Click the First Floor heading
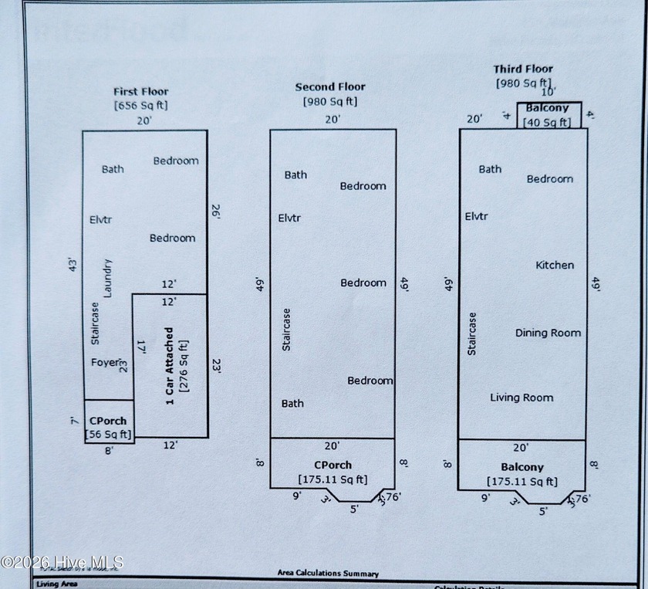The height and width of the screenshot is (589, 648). (140, 91)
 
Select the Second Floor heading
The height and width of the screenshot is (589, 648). (330, 87)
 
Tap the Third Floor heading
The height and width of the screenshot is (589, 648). (523, 69)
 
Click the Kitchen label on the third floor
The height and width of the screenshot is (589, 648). (555, 265)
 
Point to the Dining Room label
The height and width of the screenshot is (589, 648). (548, 333)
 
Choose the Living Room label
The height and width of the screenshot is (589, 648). (521, 398)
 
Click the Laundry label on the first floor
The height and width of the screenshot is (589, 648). (108, 277)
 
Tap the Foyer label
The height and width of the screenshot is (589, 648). (106, 362)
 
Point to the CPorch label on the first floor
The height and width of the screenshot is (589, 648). (108, 421)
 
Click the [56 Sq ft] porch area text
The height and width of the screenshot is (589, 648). (109, 435)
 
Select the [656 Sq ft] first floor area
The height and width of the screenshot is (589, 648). (140, 104)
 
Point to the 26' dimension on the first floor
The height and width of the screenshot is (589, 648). (217, 212)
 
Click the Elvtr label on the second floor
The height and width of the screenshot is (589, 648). (289, 218)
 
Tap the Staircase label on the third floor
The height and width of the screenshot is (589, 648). (472, 333)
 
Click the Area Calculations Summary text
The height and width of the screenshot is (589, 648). (328, 574)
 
